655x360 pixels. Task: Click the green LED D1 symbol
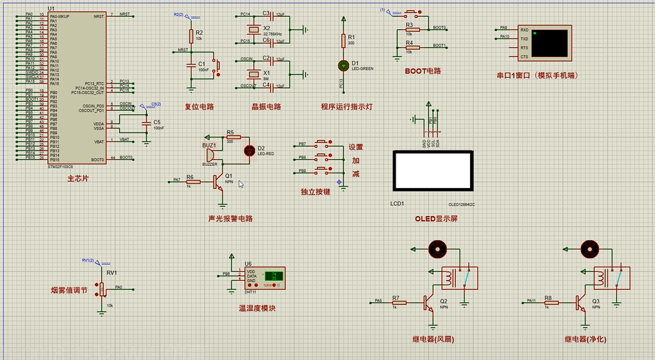tap(343, 66)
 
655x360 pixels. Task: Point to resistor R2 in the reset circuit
tap(191, 35)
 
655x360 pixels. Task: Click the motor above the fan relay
tap(436, 248)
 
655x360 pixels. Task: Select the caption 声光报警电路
tap(230, 219)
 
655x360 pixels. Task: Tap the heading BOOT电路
tap(422, 71)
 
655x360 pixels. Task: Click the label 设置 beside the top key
tap(356, 147)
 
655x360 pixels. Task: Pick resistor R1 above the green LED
tap(343, 41)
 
